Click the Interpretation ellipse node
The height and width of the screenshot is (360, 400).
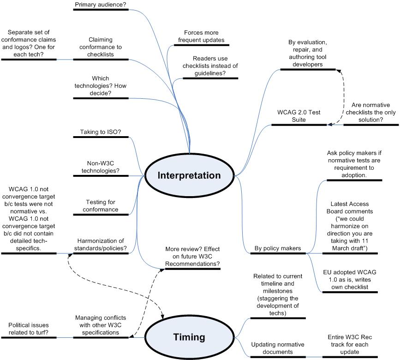coord(189,175)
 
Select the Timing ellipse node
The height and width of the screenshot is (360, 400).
coord(189,337)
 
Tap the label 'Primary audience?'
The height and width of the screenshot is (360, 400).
coord(100,5)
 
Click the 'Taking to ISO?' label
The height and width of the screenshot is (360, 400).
coord(101,132)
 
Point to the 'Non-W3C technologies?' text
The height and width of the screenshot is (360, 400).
coord(101,167)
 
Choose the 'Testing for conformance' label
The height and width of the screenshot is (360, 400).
coord(101,206)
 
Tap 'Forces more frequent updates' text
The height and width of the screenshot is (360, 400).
coord(201,36)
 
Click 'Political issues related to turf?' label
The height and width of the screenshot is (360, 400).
coord(28,329)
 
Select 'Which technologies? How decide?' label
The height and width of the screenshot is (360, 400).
coord(101,86)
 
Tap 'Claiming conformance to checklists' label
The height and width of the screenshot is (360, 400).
coord(101,47)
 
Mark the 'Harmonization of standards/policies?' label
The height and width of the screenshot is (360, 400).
coord(101,245)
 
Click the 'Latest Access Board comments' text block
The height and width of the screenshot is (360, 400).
coord(349,226)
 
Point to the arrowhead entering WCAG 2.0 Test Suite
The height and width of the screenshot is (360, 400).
coord(328,124)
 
